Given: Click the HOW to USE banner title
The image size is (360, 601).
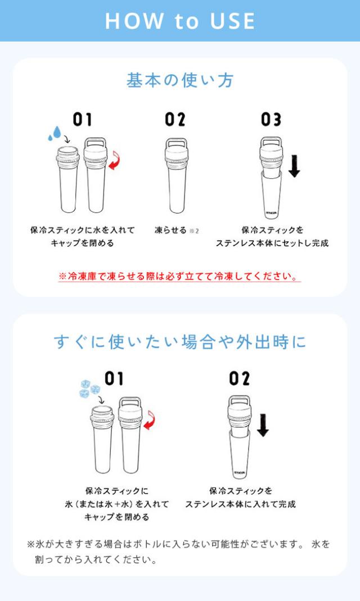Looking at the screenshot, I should coord(180,21).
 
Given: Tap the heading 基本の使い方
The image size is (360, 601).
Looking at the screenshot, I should coord(180,80).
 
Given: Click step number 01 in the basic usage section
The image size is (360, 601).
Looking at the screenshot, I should coord(82,119).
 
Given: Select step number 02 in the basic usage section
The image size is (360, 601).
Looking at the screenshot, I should coord(175,119).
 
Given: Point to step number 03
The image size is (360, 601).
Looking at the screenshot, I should coord(271,119).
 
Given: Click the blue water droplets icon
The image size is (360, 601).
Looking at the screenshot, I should coord(55,133).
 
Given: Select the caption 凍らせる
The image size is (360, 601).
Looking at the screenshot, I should coord(170,230).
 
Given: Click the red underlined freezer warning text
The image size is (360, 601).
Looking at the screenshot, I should coord(179,277).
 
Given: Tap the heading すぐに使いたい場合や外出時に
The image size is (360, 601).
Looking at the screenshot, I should coord(180,341).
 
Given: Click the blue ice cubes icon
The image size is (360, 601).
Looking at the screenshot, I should coord(89,387).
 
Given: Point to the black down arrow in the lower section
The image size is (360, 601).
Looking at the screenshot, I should coord(262,424).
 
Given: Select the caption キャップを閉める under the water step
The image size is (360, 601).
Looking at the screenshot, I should coord(82,243).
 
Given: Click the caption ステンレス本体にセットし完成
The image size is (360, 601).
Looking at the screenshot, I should coord(272,243).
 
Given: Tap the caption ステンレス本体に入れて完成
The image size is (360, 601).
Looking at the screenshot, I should coord(240,504).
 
